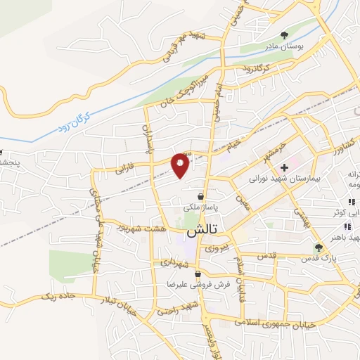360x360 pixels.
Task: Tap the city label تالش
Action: click(x=201, y=231)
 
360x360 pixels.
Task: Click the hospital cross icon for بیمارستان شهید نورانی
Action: click(x=284, y=167)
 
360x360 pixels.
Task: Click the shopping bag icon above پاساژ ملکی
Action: click(x=202, y=198)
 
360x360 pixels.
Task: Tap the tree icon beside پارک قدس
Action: click(x=319, y=247)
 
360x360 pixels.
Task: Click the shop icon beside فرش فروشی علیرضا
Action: click(x=199, y=274)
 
